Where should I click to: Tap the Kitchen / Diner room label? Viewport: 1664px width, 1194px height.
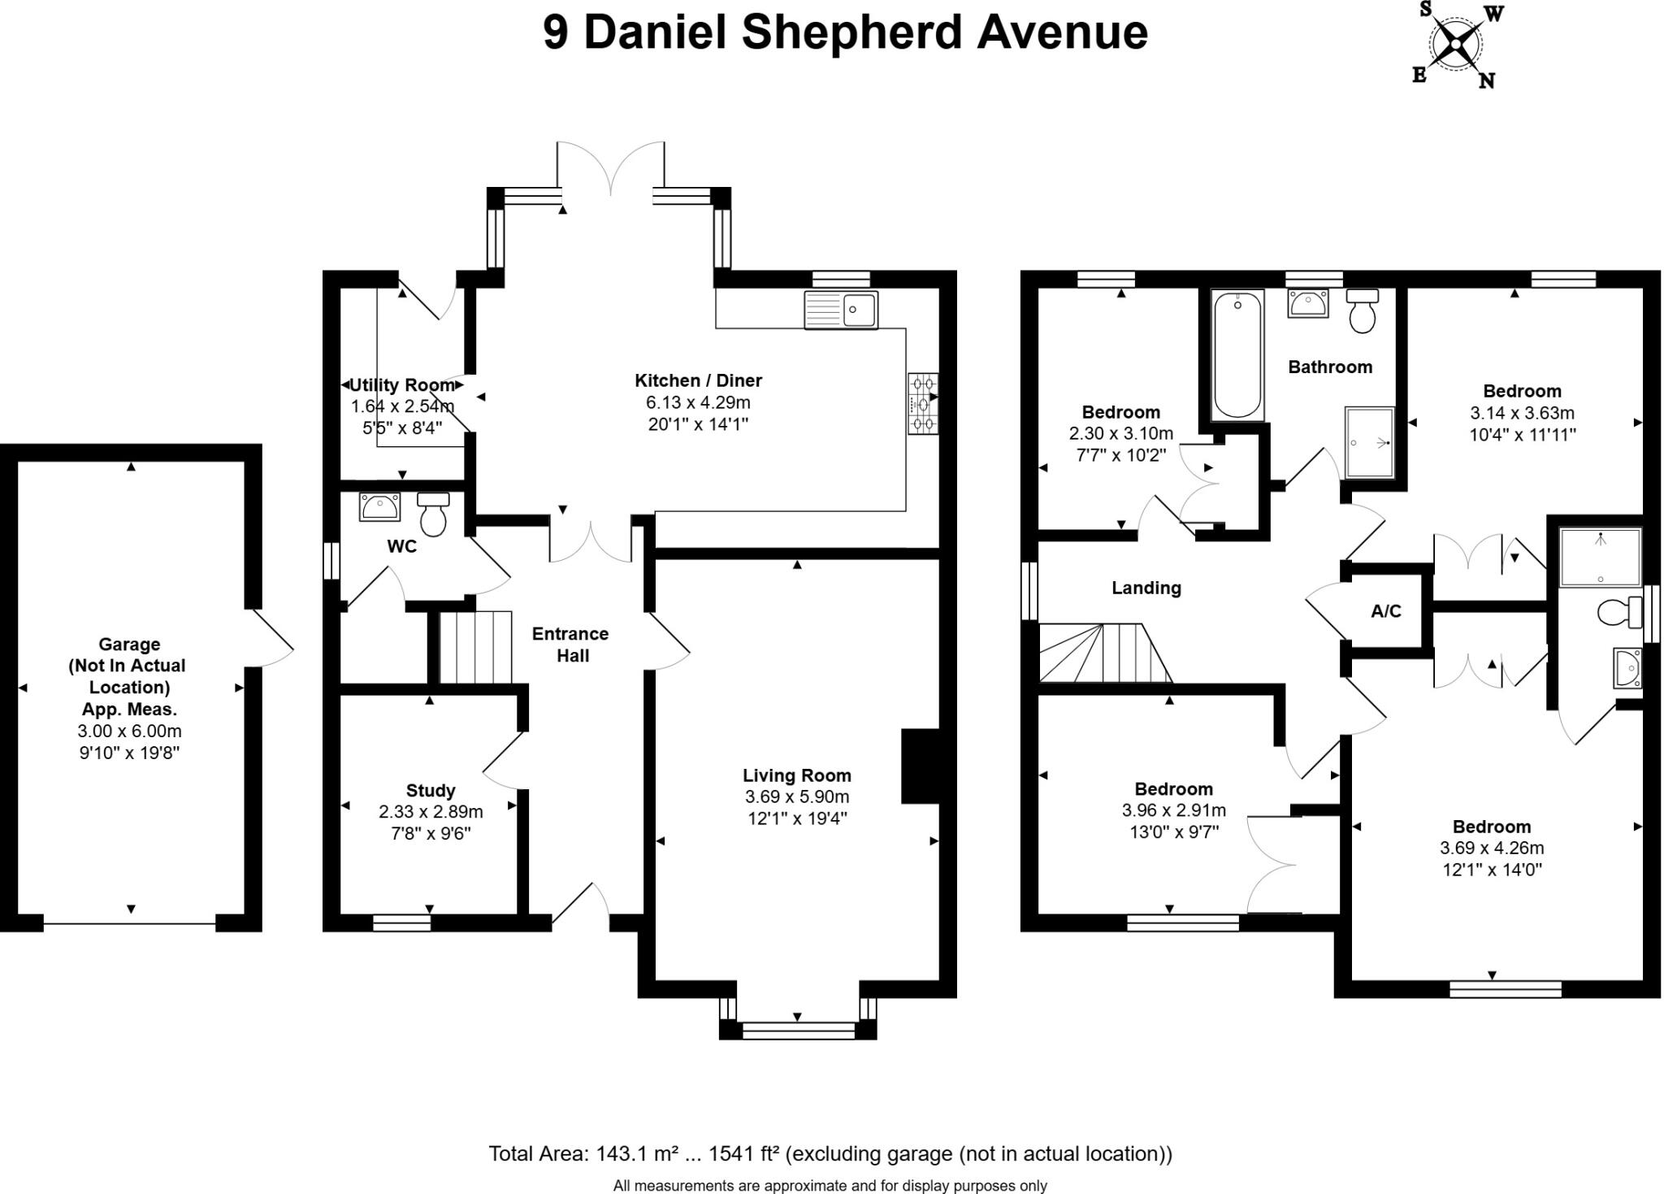tap(698, 380)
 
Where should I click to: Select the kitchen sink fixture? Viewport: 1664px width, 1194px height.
tap(841, 310)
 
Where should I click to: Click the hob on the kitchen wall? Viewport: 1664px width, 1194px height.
tap(923, 403)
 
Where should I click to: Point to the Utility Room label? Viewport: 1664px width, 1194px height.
tap(401, 385)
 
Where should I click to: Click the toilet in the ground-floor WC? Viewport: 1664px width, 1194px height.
tap(434, 515)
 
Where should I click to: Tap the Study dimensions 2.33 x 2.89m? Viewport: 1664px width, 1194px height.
tap(431, 811)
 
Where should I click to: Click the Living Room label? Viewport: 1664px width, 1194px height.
tap(796, 775)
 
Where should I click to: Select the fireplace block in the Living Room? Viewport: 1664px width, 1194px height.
tap(920, 766)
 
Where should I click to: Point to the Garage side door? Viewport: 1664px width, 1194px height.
tap(272, 638)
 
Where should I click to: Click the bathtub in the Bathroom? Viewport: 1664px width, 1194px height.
tap(1237, 355)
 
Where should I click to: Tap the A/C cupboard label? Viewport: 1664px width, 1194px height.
tap(1385, 611)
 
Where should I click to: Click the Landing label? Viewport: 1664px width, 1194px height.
tap(1146, 588)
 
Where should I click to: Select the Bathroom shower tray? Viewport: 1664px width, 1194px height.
tap(1370, 441)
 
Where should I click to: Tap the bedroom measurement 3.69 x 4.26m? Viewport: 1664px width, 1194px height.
tap(1492, 848)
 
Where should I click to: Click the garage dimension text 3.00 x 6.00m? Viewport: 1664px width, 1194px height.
tap(129, 731)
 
